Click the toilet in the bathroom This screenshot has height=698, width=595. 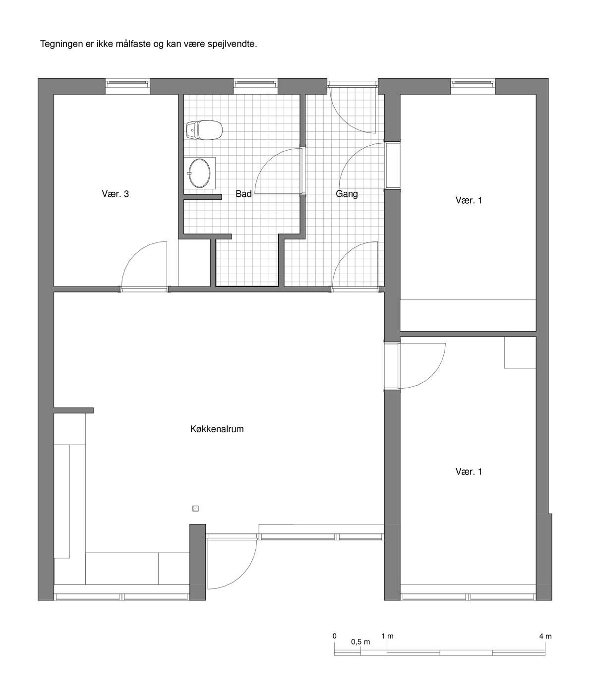point(204,130)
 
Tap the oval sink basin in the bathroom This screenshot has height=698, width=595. point(199,173)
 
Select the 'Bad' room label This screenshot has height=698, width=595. point(243,194)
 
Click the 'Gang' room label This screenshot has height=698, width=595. point(347,194)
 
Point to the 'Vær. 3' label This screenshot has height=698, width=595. point(116,194)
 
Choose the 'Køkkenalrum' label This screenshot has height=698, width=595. point(217,429)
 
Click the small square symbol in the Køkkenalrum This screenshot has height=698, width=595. point(195,508)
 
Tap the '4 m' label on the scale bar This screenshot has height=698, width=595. point(545,636)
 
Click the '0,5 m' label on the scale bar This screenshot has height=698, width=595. point(360,642)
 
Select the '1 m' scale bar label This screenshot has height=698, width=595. point(387,636)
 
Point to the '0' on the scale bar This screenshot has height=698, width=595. point(335,636)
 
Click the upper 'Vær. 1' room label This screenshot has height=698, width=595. point(469,200)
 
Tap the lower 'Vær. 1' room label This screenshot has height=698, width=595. point(469,472)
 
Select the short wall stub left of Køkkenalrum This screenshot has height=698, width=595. point(73,410)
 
